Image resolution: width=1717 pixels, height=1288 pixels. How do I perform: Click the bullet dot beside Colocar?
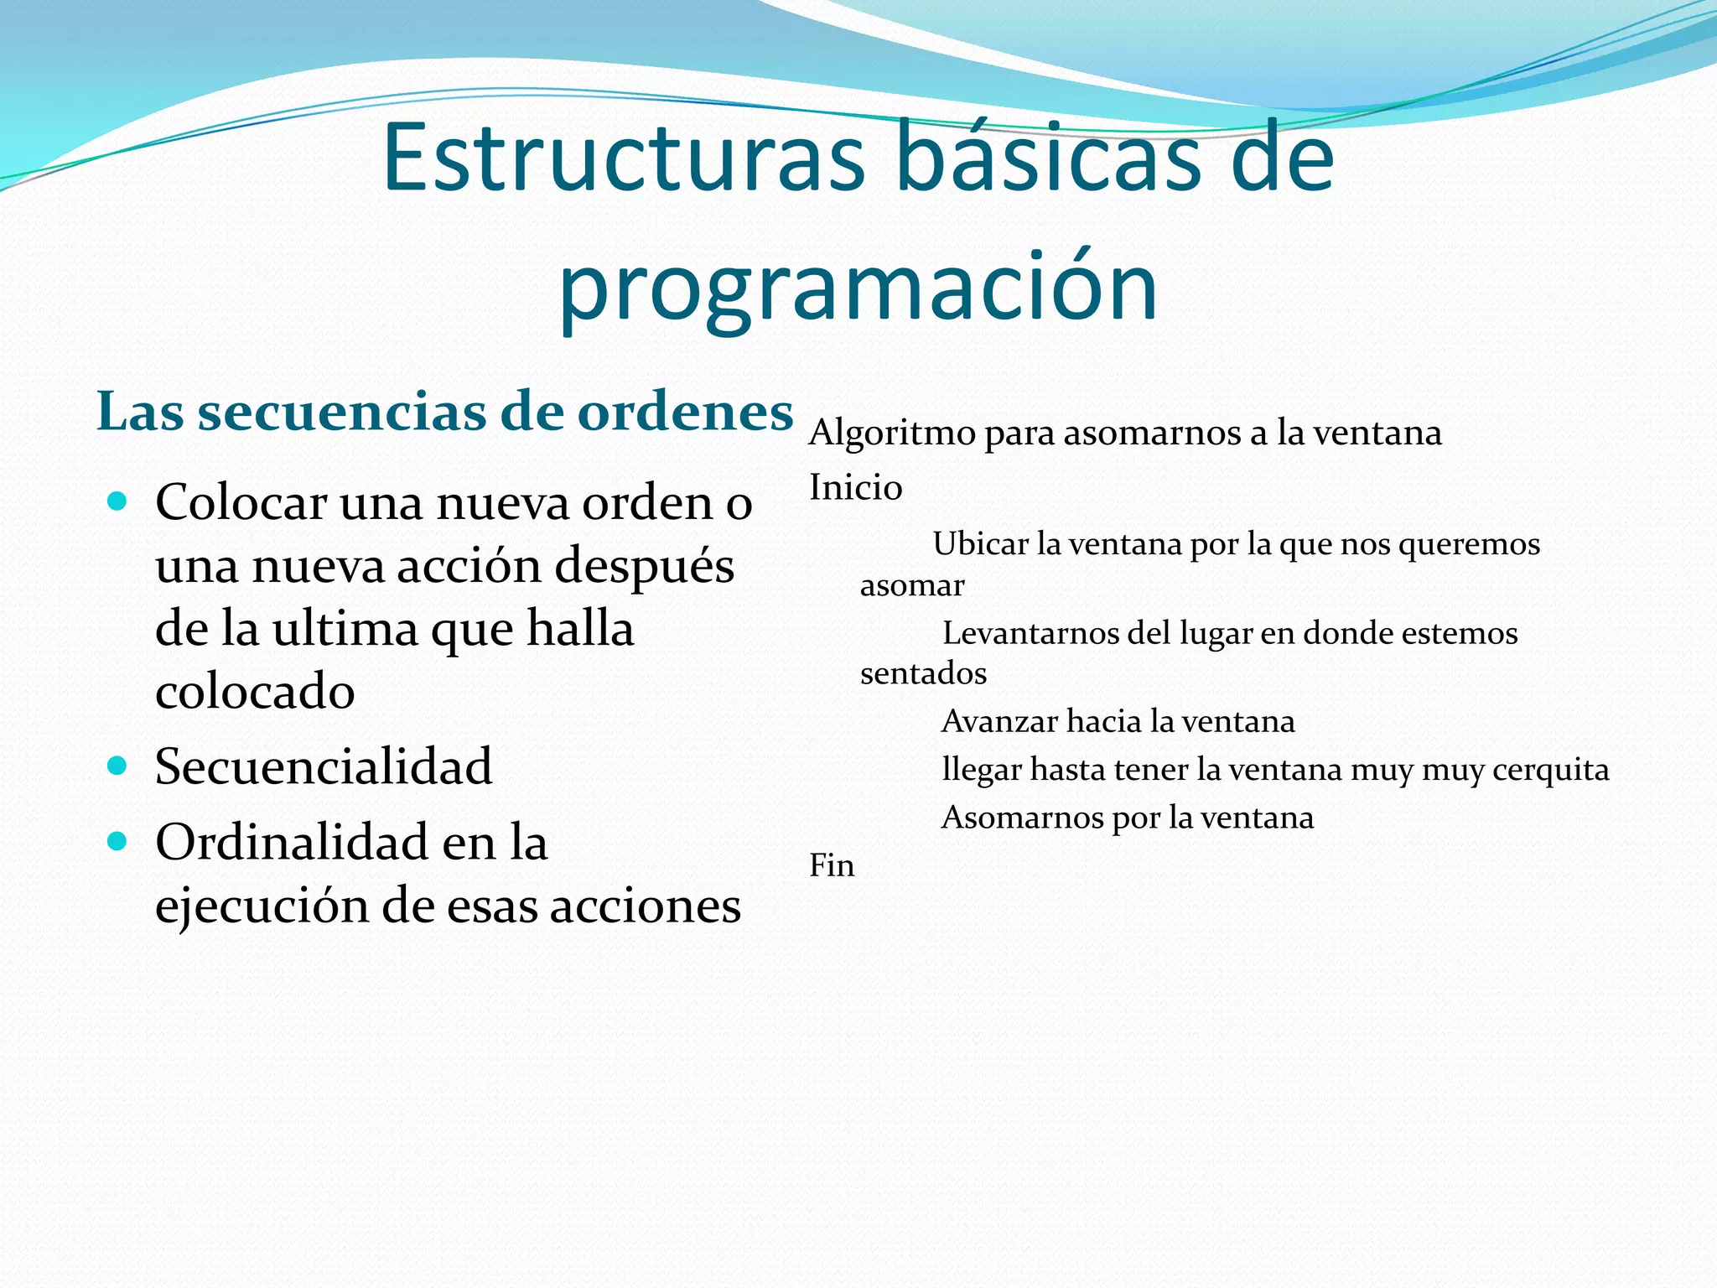pos(117,502)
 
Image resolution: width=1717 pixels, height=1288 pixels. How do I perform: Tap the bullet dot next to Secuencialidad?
pos(117,766)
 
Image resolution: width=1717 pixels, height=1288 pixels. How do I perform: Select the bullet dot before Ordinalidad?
pos(117,841)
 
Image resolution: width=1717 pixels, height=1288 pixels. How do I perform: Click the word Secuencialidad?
pos(324,766)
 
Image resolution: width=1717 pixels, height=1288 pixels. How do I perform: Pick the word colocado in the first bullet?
pos(255,693)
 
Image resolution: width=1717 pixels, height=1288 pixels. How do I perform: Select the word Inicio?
pos(855,488)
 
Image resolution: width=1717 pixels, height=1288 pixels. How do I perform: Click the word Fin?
pos(832,865)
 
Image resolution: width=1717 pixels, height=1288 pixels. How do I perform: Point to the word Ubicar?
pos(980,545)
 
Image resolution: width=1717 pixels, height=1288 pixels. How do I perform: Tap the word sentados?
pos(923,673)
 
